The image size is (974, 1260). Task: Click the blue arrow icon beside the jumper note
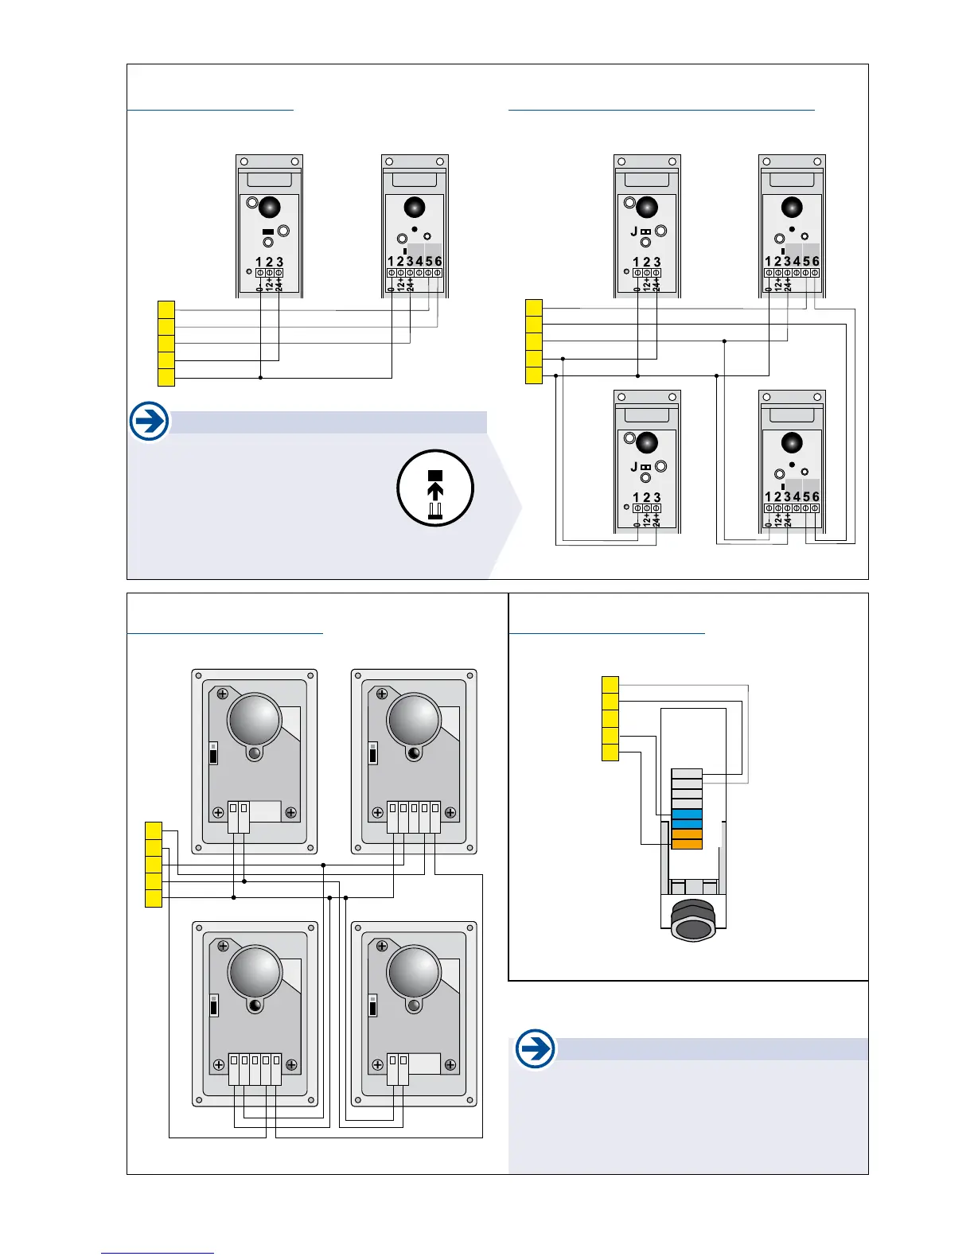[x=149, y=421]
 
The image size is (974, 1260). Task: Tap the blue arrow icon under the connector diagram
[x=536, y=1049]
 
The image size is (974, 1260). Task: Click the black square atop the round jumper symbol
[x=435, y=475]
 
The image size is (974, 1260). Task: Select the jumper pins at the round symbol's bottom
[x=435, y=511]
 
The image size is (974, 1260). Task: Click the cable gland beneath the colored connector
[x=694, y=921]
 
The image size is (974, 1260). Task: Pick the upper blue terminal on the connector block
[x=687, y=814]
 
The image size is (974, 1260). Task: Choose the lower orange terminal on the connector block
[x=687, y=844]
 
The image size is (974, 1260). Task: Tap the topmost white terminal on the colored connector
[x=687, y=773]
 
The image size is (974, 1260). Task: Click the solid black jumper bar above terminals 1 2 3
[x=268, y=231]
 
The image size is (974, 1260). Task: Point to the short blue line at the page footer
[x=158, y=1253]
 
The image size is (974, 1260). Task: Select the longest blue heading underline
[x=661, y=110]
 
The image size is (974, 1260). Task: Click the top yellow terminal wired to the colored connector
[x=610, y=684]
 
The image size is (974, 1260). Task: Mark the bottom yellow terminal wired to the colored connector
[x=610, y=752]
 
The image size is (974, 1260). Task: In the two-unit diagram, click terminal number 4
[x=419, y=261]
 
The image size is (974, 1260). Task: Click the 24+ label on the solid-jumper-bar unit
[x=279, y=285]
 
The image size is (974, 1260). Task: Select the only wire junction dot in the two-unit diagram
[x=260, y=377]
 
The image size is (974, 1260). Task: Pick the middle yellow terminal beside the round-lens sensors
[x=154, y=865]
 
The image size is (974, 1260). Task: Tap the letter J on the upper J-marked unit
[x=633, y=231]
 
